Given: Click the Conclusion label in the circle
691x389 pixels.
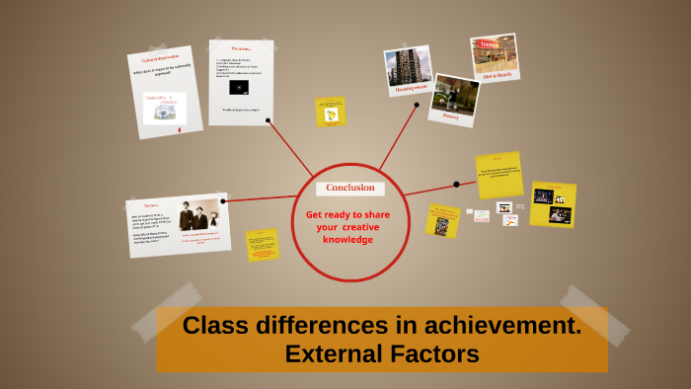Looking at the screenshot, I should tap(349, 188).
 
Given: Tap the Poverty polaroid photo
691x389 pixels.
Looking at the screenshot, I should tap(454, 98).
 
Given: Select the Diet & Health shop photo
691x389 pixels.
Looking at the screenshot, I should tap(495, 56).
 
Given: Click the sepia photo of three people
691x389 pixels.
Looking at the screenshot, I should tap(198, 214).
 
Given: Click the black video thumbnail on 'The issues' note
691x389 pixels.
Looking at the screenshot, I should tap(239, 87).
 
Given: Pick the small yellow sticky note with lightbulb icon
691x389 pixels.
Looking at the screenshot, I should tap(331, 112).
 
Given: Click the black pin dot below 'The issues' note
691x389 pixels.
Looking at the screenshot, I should tap(268, 120).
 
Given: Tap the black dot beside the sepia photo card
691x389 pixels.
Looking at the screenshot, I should tap(224, 200).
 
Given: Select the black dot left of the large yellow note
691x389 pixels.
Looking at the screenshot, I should tap(456, 184).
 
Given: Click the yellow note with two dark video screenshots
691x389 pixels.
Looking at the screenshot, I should tap(553, 202).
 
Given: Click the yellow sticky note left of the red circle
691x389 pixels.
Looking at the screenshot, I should tap(263, 244).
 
